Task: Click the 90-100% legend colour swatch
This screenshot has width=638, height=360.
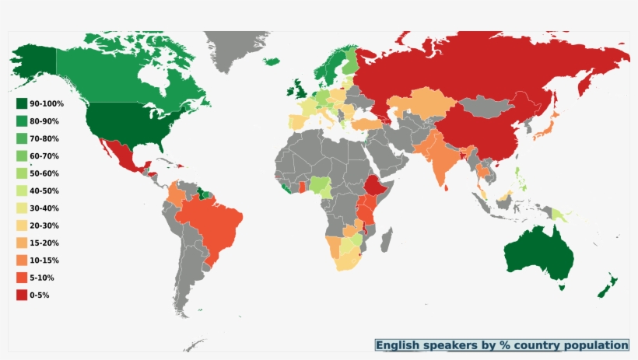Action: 21,103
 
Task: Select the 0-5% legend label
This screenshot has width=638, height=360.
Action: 39,295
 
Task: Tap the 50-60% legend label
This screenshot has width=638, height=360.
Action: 44,173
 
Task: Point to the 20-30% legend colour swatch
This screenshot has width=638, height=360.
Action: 21,225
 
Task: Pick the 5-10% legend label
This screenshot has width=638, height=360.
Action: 41,278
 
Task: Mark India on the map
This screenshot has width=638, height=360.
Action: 442,159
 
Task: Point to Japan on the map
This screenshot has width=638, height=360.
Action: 548,124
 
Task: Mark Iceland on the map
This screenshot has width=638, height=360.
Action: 271,61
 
